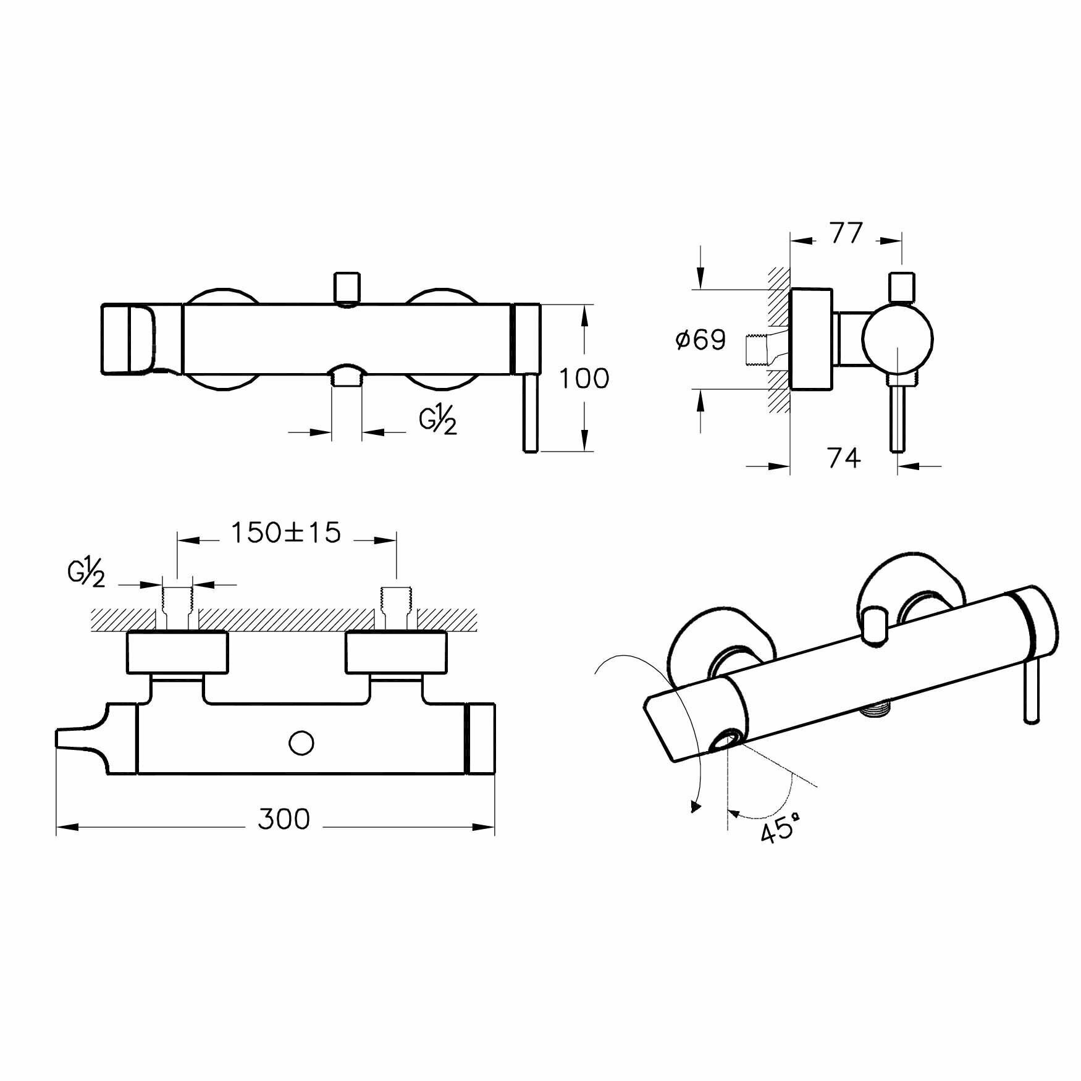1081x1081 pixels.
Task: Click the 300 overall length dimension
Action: click(x=284, y=819)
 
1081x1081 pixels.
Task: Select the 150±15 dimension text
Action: click(x=286, y=532)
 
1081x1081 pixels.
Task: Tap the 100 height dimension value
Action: click(x=584, y=379)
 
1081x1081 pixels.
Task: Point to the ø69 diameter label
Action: click(x=700, y=340)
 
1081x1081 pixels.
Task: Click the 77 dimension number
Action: click(x=846, y=234)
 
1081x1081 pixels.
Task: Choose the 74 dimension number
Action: click(x=844, y=458)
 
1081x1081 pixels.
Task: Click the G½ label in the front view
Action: click(x=438, y=422)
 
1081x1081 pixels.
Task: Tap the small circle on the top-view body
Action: click(x=302, y=743)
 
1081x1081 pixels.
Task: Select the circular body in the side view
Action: click(x=898, y=339)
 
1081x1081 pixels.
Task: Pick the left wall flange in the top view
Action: click(x=177, y=652)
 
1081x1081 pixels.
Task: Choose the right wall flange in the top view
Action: click(x=396, y=652)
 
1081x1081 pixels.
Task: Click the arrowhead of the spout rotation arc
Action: click(x=696, y=805)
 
